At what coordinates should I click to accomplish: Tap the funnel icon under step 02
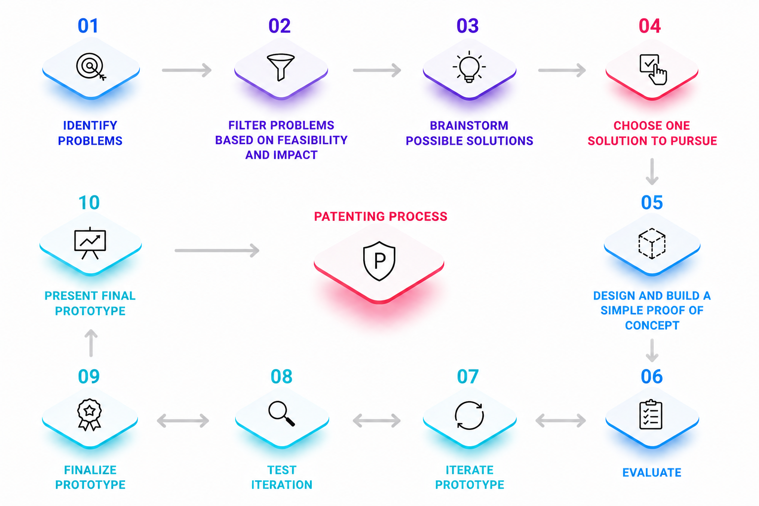(281, 67)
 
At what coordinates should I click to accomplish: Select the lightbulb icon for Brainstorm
(469, 67)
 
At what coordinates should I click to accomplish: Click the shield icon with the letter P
(379, 261)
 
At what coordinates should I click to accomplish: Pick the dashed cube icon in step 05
(652, 244)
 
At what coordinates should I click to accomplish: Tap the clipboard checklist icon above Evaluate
(651, 415)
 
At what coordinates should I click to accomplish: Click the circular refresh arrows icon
(469, 416)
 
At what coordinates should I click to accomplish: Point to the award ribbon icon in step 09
(89, 415)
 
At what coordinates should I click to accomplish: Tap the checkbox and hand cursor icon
(653, 70)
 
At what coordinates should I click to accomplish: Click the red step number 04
(650, 26)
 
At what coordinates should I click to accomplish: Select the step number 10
(89, 202)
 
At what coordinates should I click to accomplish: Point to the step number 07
(467, 376)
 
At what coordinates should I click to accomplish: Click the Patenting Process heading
(380, 216)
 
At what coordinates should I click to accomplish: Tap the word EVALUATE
(652, 472)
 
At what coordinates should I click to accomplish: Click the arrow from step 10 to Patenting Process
(217, 251)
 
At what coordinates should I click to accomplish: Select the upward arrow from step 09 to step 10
(91, 343)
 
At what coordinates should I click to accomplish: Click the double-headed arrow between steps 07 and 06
(560, 421)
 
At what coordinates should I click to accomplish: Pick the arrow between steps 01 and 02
(187, 70)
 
